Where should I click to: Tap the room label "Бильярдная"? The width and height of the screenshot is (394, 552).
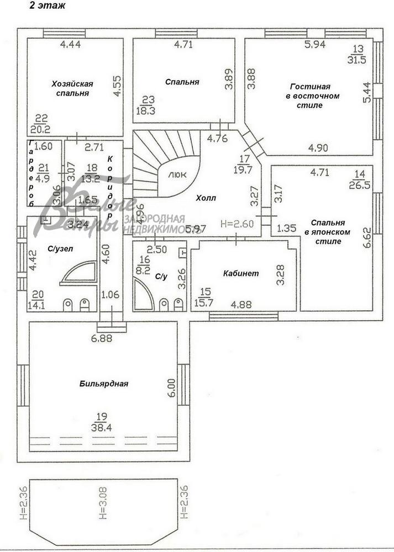[x=104, y=384]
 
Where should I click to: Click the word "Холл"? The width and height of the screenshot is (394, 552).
[x=206, y=198]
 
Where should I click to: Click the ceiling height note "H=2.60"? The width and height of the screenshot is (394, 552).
[x=236, y=224]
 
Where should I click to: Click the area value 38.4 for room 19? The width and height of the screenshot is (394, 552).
[x=101, y=427]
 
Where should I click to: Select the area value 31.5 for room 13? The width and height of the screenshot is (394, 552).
[x=356, y=60]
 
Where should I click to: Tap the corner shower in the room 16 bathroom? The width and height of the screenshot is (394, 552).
[x=143, y=297]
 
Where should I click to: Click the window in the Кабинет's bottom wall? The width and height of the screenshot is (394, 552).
[x=243, y=316]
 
